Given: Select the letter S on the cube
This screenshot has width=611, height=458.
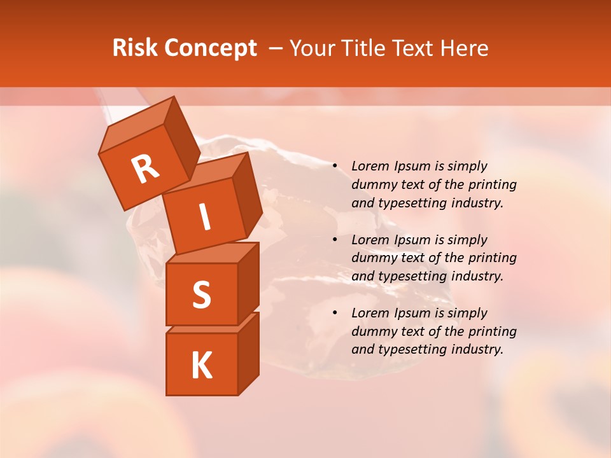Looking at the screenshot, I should [x=201, y=295].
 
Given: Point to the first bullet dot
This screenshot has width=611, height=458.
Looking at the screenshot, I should [x=335, y=167].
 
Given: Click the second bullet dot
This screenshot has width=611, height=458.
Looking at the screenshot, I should [x=335, y=240].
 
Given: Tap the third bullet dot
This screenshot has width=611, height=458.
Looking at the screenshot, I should [x=335, y=314].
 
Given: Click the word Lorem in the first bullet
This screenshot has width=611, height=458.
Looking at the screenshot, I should [x=369, y=167].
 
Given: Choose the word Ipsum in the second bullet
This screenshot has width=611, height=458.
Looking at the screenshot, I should [x=411, y=240].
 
